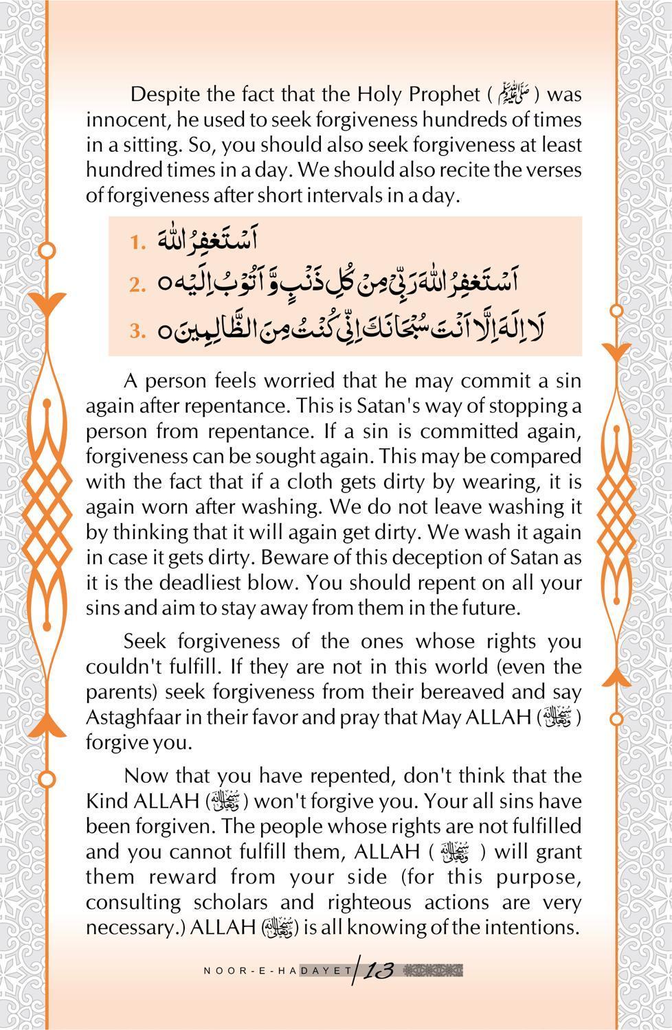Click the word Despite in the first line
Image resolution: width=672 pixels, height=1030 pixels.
coord(165,93)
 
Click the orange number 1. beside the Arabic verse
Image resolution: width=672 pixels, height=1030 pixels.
coord(138,242)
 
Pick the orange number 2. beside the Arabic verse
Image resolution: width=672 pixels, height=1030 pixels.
coord(138,284)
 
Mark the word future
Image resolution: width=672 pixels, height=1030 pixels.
coord(485,608)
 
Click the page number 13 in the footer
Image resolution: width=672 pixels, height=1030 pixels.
coord(378,970)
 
